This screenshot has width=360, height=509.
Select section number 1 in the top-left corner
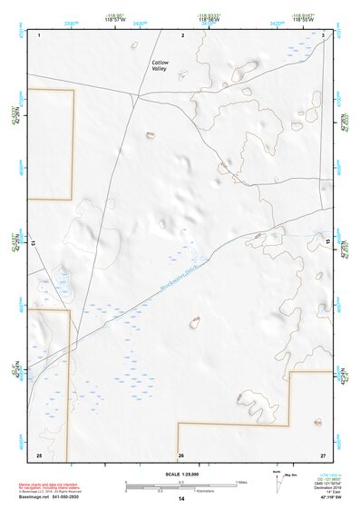(41, 34)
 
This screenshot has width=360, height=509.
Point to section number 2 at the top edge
(183, 34)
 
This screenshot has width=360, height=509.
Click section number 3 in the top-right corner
(323, 34)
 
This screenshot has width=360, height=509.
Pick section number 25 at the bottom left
(39, 454)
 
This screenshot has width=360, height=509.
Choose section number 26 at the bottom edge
(181, 454)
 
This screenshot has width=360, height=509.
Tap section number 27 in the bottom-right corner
(323, 454)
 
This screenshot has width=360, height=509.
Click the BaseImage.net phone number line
(45, 496)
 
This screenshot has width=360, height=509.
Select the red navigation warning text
(45, 485)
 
